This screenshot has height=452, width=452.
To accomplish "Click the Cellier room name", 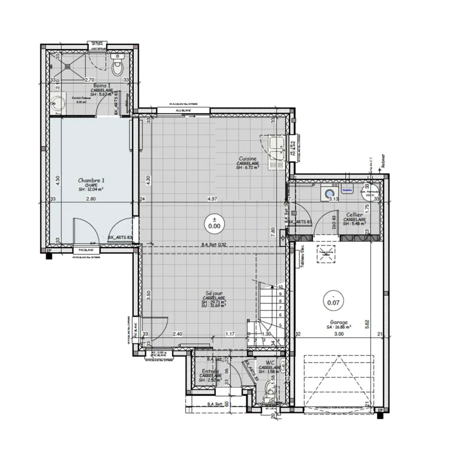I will pyautogui.click(x=353, y=215).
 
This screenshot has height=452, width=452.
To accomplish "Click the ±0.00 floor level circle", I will pyautogui.click(x=214, y=223).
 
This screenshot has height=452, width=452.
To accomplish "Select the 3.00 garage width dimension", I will pyautogui.click(x=339, y=334).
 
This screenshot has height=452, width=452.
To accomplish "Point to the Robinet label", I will pyautogui.click(x=382, y=160).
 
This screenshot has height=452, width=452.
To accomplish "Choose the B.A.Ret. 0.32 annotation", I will pyautogui.click(x=214, y=245).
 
